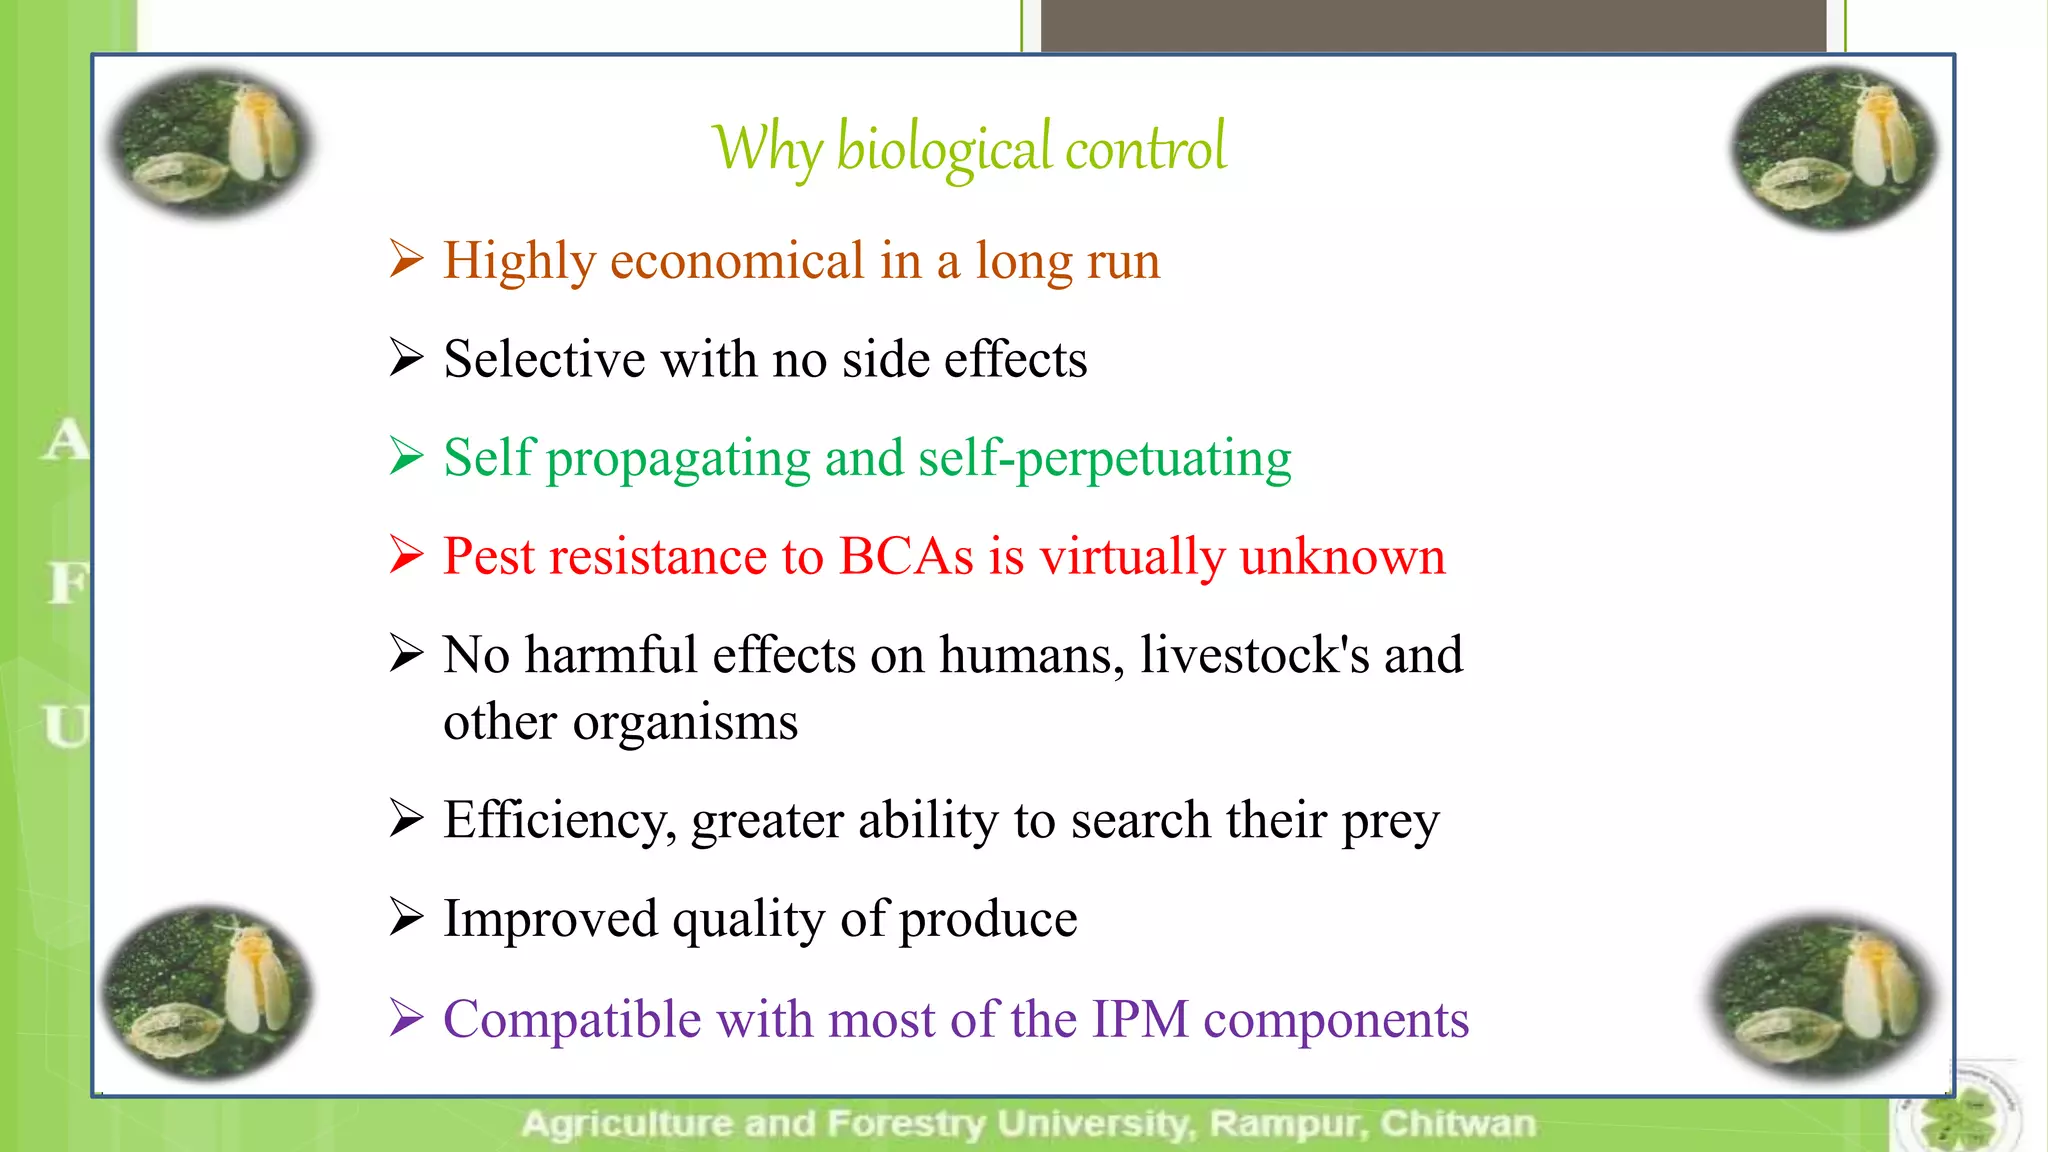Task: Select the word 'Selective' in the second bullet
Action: pyautogui.click(x=544, y=359)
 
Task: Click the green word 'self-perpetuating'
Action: pyautogui.click(x=1104, y=459)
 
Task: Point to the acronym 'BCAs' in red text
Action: pyautogui.click(x=905, y=556)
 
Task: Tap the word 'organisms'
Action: pyautogui.click(x=685, y=722)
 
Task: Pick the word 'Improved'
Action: pyautogui.click(x=550, y=918)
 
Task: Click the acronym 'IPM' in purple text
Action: pyautogui.click(x=1140, y=1020)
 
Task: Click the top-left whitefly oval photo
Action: pyautogui.click(x=210, y=142)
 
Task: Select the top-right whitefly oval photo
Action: pyautogui.click(x=1835, y=148)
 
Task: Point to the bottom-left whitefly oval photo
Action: pyautogui.click(x=208, y=992)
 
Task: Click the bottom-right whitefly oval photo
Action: pyautogui.click(x=1822, y=996)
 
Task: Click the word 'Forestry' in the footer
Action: pyautogui.click(x=906, y=1124)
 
